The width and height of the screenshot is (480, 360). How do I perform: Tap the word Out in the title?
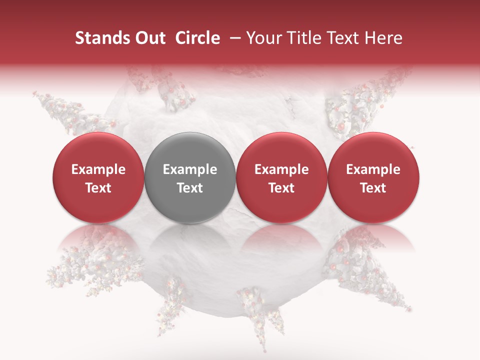[x=149, y=38]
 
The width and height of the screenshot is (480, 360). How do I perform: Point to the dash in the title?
[x=233, y=38]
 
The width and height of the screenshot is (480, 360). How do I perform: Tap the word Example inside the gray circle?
[x=190, y=169]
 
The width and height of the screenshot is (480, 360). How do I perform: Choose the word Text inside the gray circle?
[x=190, y=188]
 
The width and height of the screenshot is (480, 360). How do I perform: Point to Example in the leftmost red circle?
[x=98, y=169]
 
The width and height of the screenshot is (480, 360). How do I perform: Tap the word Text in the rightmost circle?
[x=373, y=188]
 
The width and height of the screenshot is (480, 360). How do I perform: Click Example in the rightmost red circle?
[x=373, y=169]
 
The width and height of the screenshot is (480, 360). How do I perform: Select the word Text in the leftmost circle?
[x=98, y=188]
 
